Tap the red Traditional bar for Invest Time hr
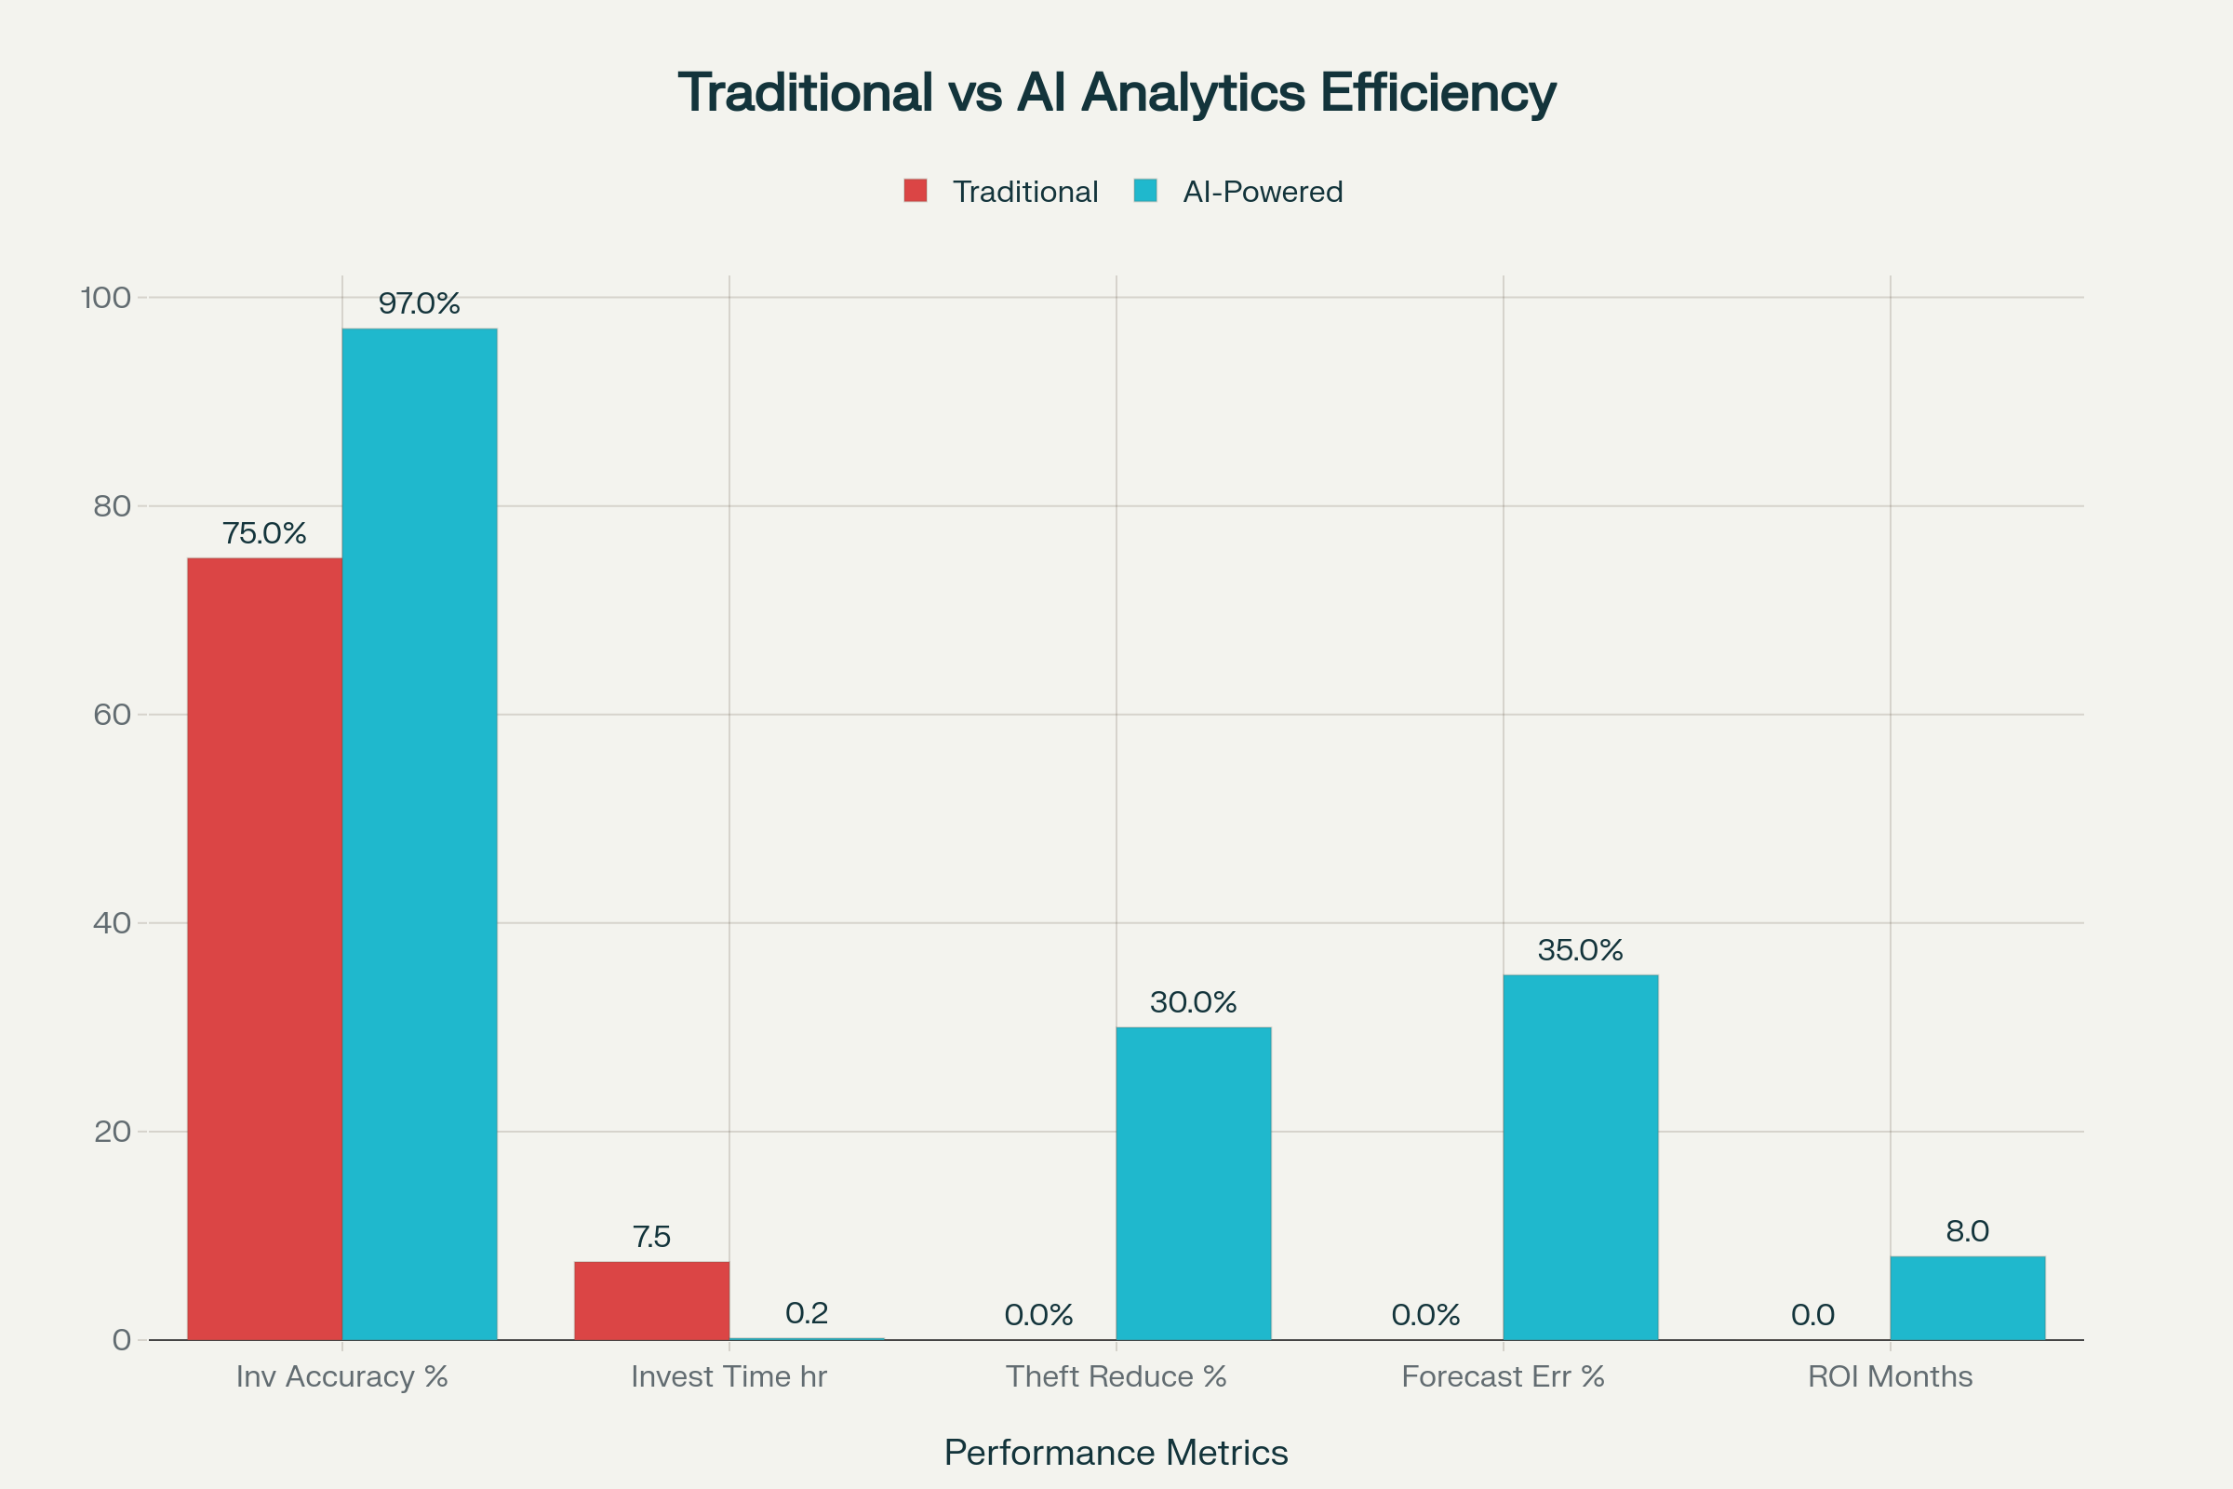click(651, 1300)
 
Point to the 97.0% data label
click(419, 303)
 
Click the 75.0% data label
click(264, 532)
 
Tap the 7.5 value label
click(651, 1237)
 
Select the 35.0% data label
click(1580, 949)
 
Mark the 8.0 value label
click(1967, 1230)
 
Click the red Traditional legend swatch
click(916, 191)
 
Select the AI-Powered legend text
click(1262, 192)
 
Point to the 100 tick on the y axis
click(105, 298)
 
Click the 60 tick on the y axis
click(112, 714)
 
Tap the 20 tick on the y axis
click(112, 1131)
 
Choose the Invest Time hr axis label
click(729, 1376)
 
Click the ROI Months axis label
click(1890, 1376)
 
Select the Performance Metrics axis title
click(1116, 1452)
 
